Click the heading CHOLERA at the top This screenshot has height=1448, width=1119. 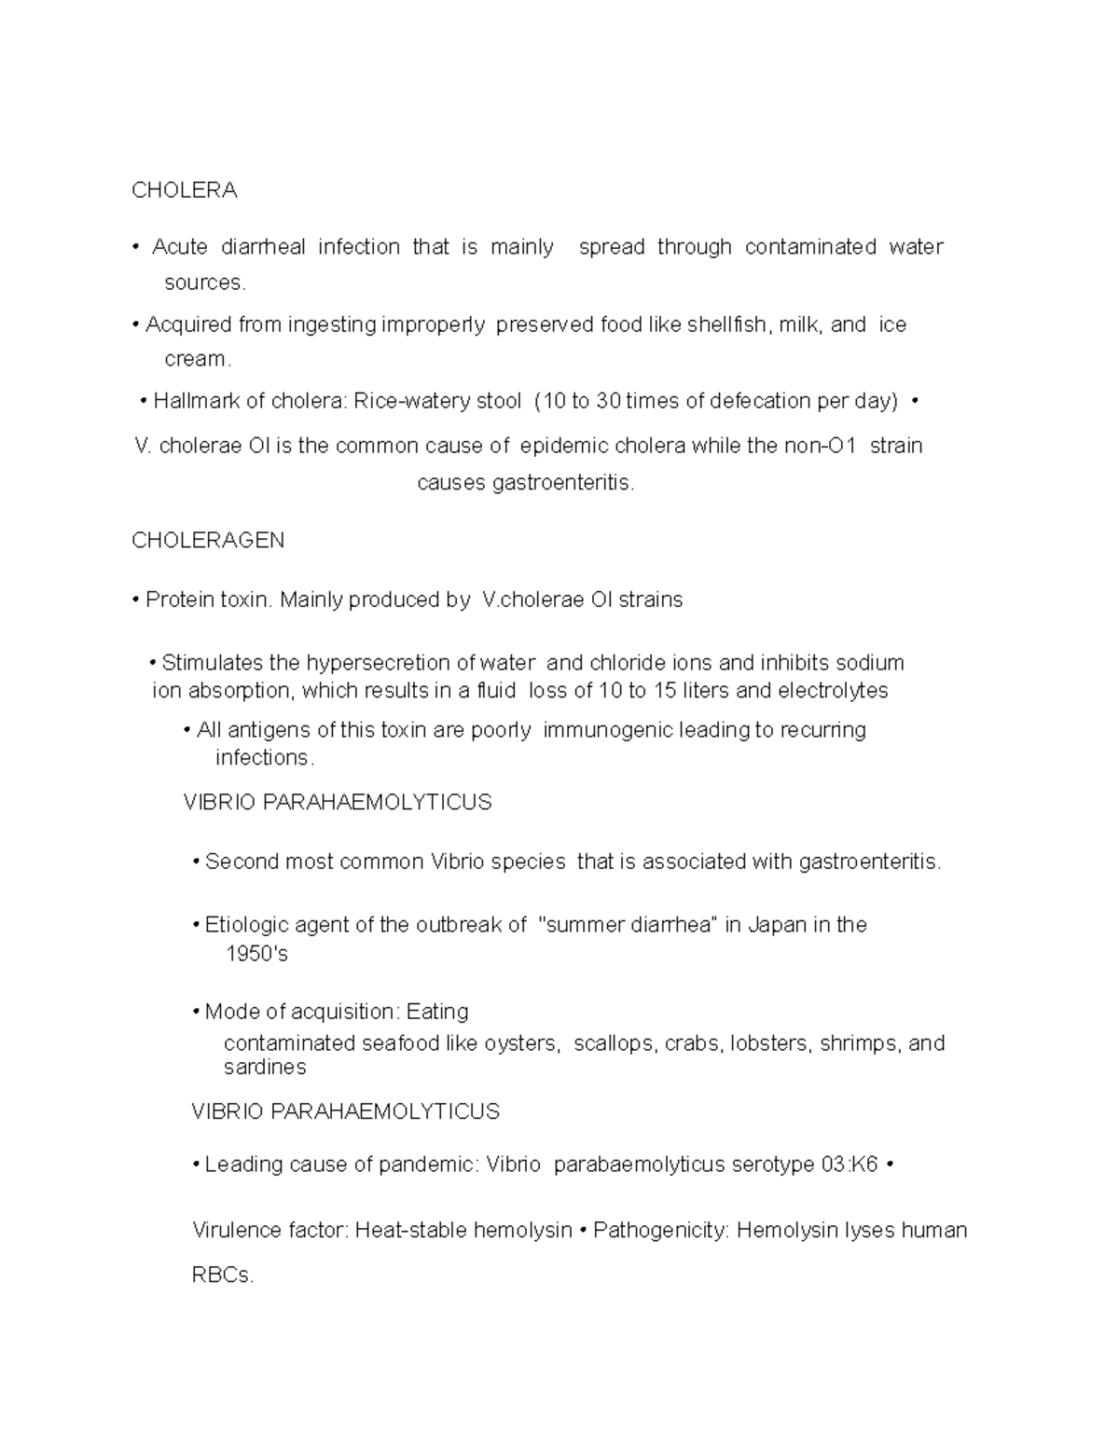point(184,190)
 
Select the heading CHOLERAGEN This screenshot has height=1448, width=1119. point(208,541)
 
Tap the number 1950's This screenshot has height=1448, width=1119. point(256,954)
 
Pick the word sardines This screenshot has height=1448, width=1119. point(265,1067)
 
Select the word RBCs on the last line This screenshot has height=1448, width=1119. point(222,1276)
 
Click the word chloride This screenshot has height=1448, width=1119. point(650,663)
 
